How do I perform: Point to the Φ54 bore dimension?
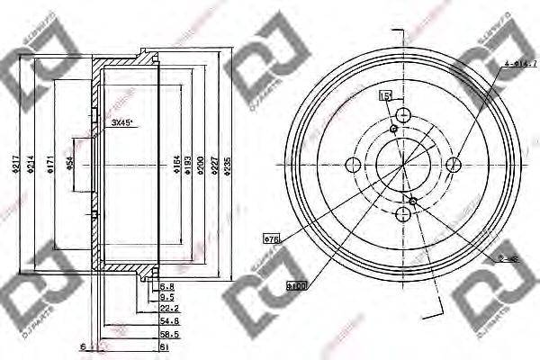click(x=70, y=164)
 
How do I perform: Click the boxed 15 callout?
click(x=385, y=95)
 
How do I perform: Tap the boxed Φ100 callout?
click(x=296, y=286)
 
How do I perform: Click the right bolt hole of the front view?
click(x=454, y=164)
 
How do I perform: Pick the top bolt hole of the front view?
click(x=403, y=113)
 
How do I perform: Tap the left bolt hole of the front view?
click(x=352, y=164)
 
